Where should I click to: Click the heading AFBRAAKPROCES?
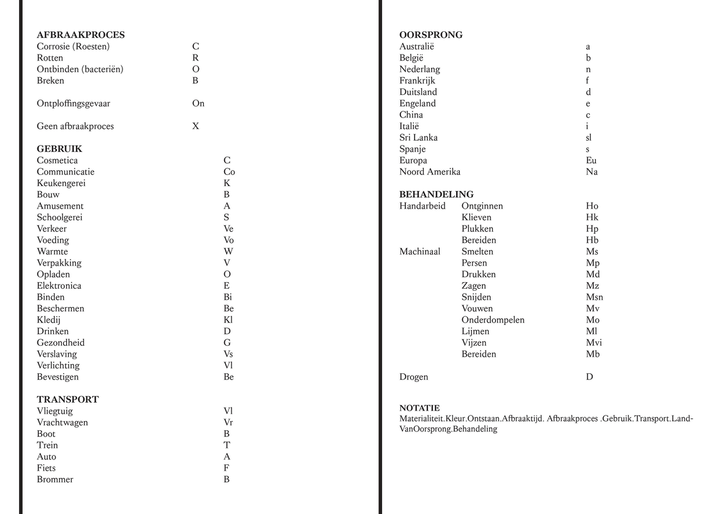pos(80,35)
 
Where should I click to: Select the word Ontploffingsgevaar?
pos(78,103)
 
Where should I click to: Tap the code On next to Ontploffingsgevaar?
pos(198,103)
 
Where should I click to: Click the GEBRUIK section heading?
pos(59,149)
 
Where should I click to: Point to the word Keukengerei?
pos(61,183)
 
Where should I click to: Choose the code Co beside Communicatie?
pos(229,172)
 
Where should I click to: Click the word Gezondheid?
pos(61,343)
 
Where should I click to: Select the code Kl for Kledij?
pos(228,320)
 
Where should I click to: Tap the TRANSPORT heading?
pos(67,400)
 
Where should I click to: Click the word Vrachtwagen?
pos(62,423)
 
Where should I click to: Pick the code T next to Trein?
pos(227,445)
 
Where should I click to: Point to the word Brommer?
pos(55,480)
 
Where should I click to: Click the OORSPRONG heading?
pos(431,35)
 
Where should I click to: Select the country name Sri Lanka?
pos(418,138)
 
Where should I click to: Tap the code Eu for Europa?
pos(591,160)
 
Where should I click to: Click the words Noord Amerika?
pos(430,172)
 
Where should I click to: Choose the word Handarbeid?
pos(423,206)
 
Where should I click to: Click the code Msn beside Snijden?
pos(594,297)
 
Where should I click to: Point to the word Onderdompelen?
pos(493,320)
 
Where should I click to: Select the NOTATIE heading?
pos(419,408)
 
